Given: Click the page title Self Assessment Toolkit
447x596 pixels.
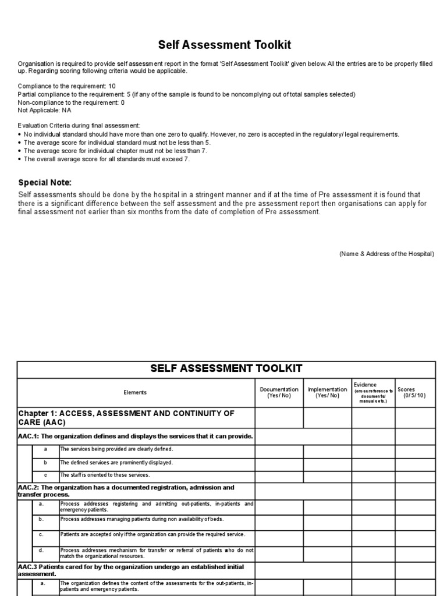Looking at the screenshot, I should pos(225,45).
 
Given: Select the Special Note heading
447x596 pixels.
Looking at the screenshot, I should pos(45,182).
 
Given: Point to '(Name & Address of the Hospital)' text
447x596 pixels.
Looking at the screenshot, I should pos(386,254).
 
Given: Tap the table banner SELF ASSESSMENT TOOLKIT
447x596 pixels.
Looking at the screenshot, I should pos(226,368).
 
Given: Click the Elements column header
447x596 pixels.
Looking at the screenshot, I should pos(135,392).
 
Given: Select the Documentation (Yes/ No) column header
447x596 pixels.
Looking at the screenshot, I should pos(279,392).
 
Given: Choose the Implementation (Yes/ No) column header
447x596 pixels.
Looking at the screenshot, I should pos(327,392).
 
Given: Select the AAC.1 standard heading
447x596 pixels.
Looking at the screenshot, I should pos(136,436).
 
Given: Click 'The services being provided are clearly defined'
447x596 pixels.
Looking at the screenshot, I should pos(116,449).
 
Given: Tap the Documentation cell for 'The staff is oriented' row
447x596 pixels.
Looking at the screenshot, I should pos(279,476).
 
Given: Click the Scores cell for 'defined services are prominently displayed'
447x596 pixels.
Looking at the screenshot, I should pos(415,463).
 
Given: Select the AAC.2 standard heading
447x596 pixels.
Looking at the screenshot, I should pos(126,491).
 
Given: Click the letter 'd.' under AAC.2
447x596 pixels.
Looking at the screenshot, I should pos(41,549).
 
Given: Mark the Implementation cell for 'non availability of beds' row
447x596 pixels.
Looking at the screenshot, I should pos(327,520).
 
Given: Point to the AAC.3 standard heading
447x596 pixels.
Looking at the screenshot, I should pos(130,570).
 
